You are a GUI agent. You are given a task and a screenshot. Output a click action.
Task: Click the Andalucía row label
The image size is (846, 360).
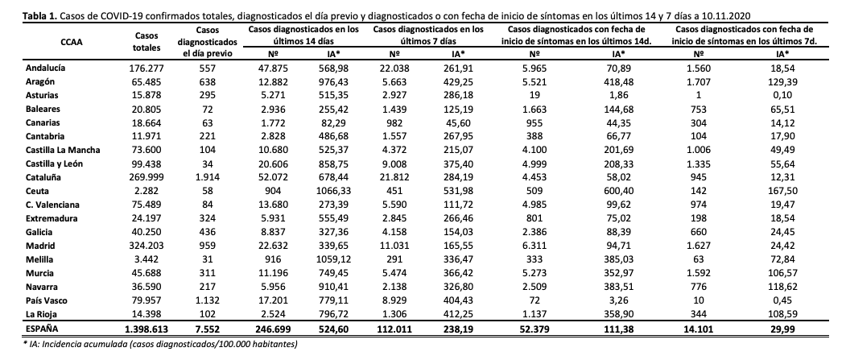pyautogui.click(x=47, y=69)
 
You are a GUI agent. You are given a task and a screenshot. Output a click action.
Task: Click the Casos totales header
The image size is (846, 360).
pyautogui.click(x=146, y=41)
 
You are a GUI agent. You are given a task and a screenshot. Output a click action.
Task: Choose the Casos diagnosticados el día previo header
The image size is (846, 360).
pyautogui.click(x=206, y=41)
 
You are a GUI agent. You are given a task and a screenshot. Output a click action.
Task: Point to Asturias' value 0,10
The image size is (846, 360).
pyautogui.click(x=779, y=95)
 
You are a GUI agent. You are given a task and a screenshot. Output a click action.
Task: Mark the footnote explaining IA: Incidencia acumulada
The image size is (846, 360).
pyautogui.click(x=150, y=345)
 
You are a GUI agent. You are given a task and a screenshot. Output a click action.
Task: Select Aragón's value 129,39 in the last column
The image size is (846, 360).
pyautogui.click(x=779, y=82)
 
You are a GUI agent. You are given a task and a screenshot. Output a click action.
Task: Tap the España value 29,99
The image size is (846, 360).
pyautogui.click(x=779, y=330)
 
